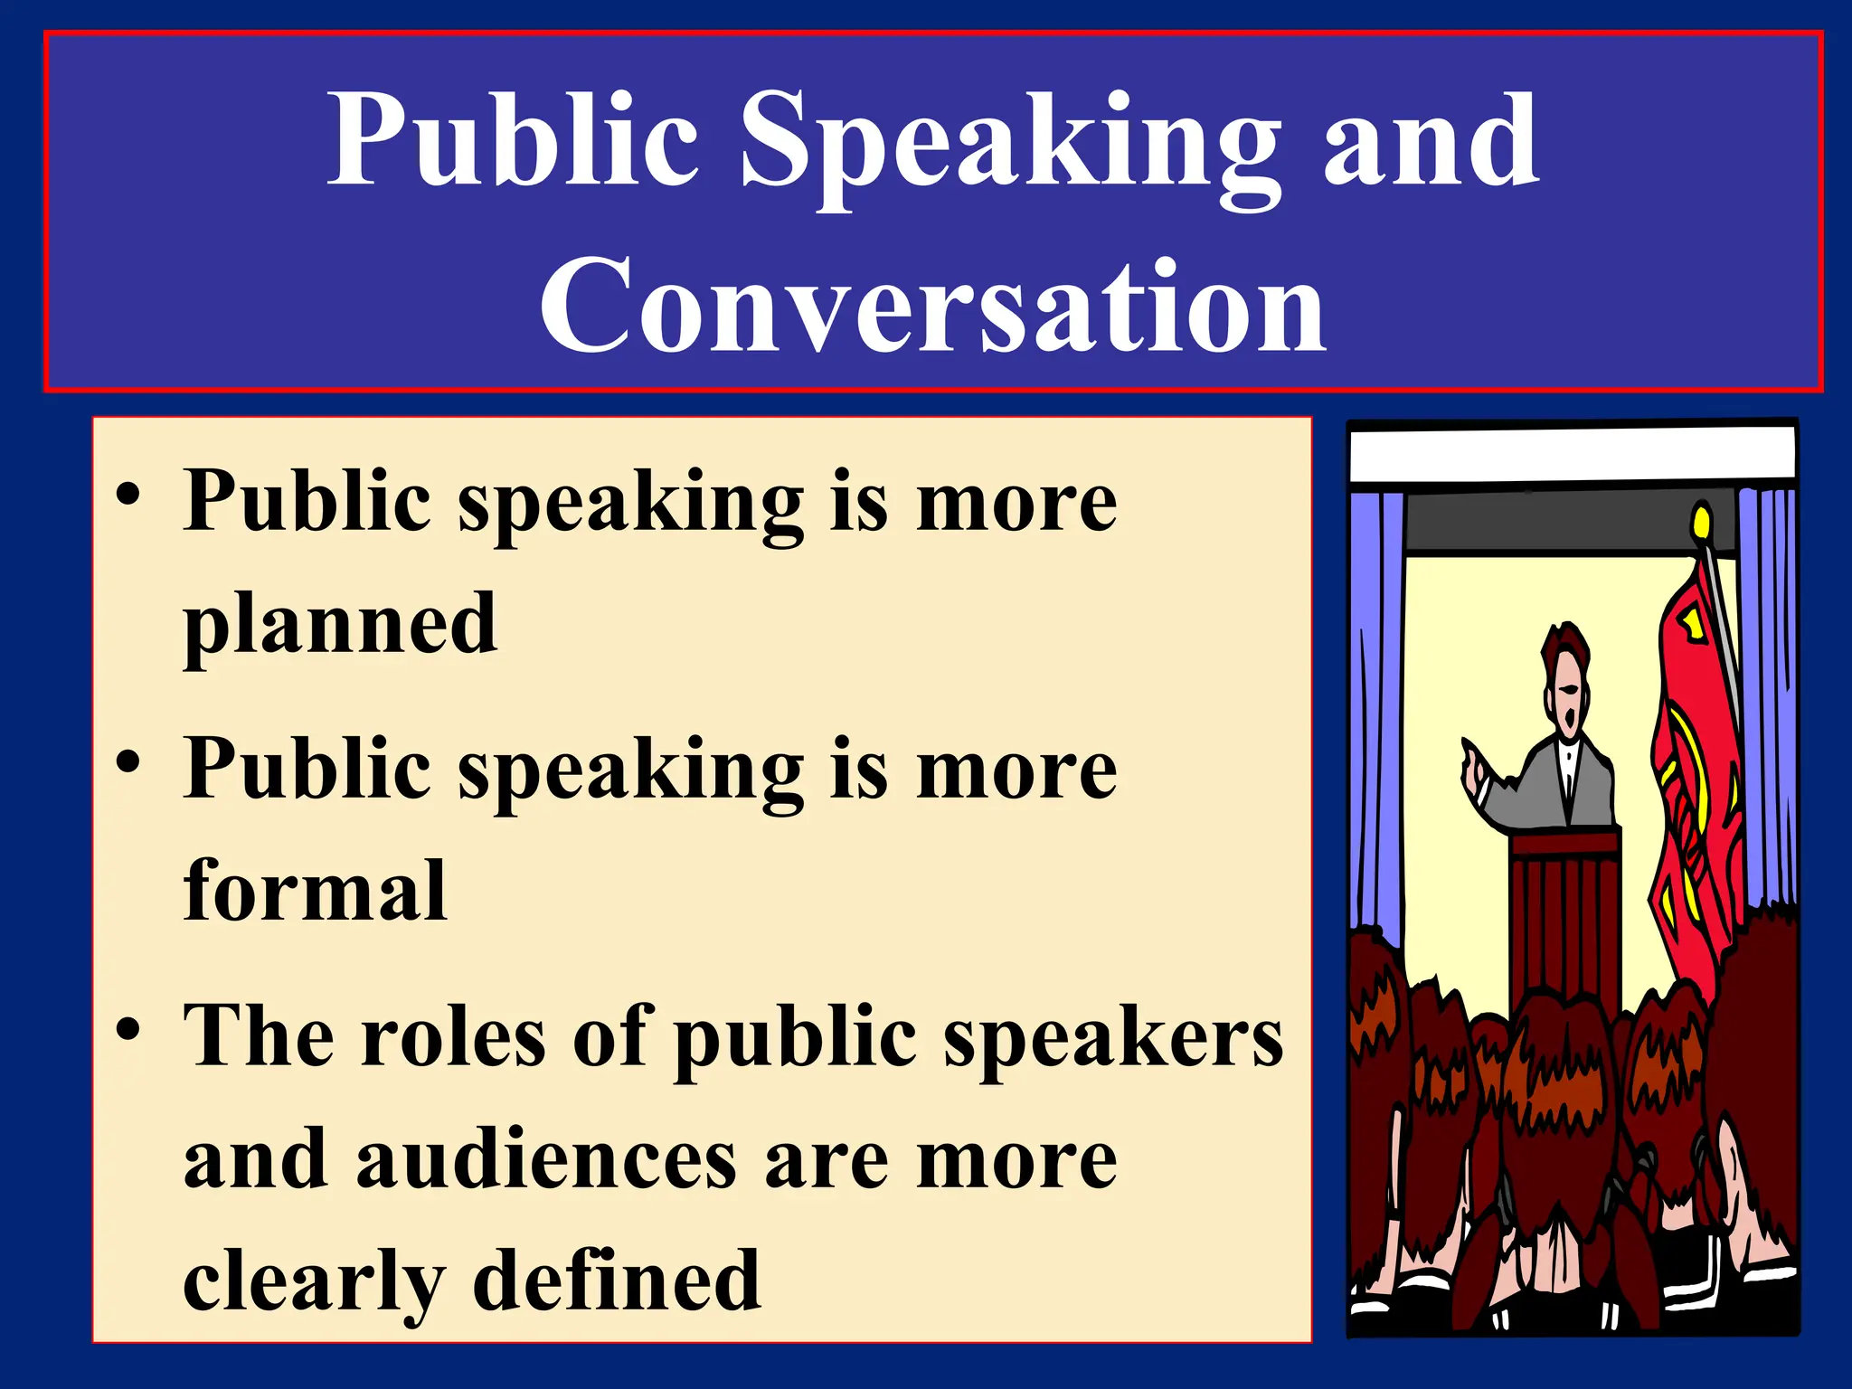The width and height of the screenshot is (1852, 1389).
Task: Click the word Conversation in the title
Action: pos(932,306)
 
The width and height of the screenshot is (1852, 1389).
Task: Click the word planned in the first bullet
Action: pos(340,626)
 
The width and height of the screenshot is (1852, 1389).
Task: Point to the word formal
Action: pos(315,892)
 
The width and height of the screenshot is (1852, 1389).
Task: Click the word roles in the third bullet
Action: pos(453,1036)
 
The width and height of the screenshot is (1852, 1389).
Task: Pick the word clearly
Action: pos(314,1282)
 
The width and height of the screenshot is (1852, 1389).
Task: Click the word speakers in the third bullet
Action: pos(1113,1038)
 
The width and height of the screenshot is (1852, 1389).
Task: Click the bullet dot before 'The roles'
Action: pos(128,1028)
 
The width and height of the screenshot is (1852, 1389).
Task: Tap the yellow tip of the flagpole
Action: pos(1701,522)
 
